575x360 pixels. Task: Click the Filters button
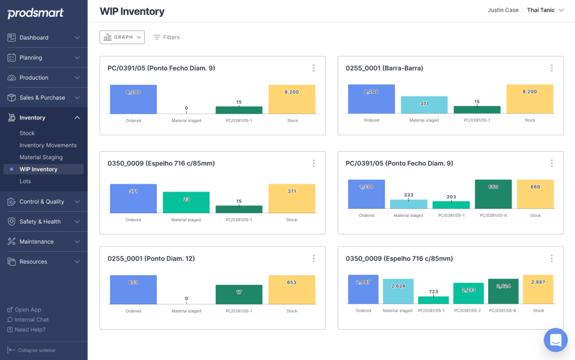166,37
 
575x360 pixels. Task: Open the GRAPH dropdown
122,37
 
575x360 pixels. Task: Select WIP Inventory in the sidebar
38,169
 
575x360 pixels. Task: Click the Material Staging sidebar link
41,157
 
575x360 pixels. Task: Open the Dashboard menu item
34,38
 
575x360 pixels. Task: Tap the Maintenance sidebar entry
36,242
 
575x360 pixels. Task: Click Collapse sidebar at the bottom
36,351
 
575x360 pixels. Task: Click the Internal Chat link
32,319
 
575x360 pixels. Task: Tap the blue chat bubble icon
556,339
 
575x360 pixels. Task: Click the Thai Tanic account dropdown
544,10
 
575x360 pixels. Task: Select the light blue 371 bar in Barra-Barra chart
424,105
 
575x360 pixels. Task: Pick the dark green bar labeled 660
493,194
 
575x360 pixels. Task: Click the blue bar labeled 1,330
366,194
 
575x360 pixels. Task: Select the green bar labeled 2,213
469,293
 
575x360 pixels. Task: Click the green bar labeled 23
186,203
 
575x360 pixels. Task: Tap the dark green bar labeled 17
239,295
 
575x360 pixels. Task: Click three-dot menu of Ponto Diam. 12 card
314,258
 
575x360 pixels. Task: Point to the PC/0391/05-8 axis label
502,311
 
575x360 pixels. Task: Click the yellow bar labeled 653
292,290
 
